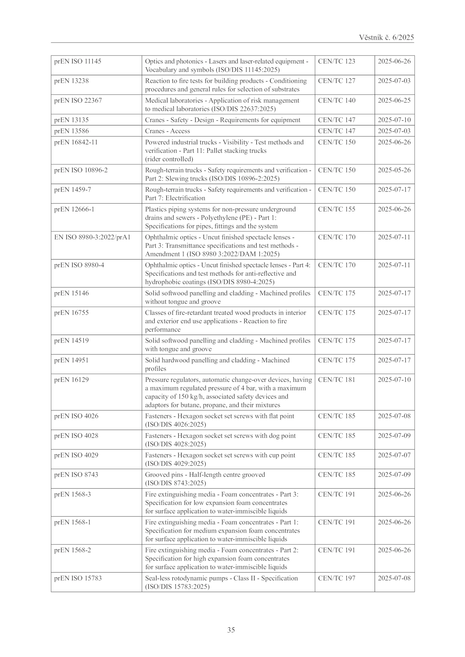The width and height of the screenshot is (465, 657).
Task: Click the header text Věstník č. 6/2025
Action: point(386,37)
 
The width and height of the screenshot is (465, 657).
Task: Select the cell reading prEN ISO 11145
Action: point(78,61)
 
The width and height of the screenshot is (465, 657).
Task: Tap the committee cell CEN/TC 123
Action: point(337,61)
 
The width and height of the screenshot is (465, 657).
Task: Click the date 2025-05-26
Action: point(394,170)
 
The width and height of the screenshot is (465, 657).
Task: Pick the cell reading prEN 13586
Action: point(71,131)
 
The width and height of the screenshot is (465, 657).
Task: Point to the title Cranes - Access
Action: point(167,131)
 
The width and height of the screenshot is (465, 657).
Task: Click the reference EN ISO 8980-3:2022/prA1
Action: point(92,237)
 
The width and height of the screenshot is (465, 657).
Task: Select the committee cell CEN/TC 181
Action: point(337,380)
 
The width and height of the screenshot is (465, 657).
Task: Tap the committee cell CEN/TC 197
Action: point(337,578)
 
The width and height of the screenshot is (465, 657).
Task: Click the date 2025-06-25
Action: point(394,100)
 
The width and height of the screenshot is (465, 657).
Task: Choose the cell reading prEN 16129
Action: point(71,380)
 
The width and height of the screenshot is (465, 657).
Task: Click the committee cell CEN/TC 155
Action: point(337,209)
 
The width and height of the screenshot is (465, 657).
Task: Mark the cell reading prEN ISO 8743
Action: point(76,475)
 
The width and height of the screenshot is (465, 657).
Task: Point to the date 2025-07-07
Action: point(394,455)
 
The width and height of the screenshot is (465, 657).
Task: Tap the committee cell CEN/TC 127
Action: point(337,81)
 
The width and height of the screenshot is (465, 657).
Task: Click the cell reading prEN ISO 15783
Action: point(78,578)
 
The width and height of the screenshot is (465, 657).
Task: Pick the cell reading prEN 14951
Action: point(71,360)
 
